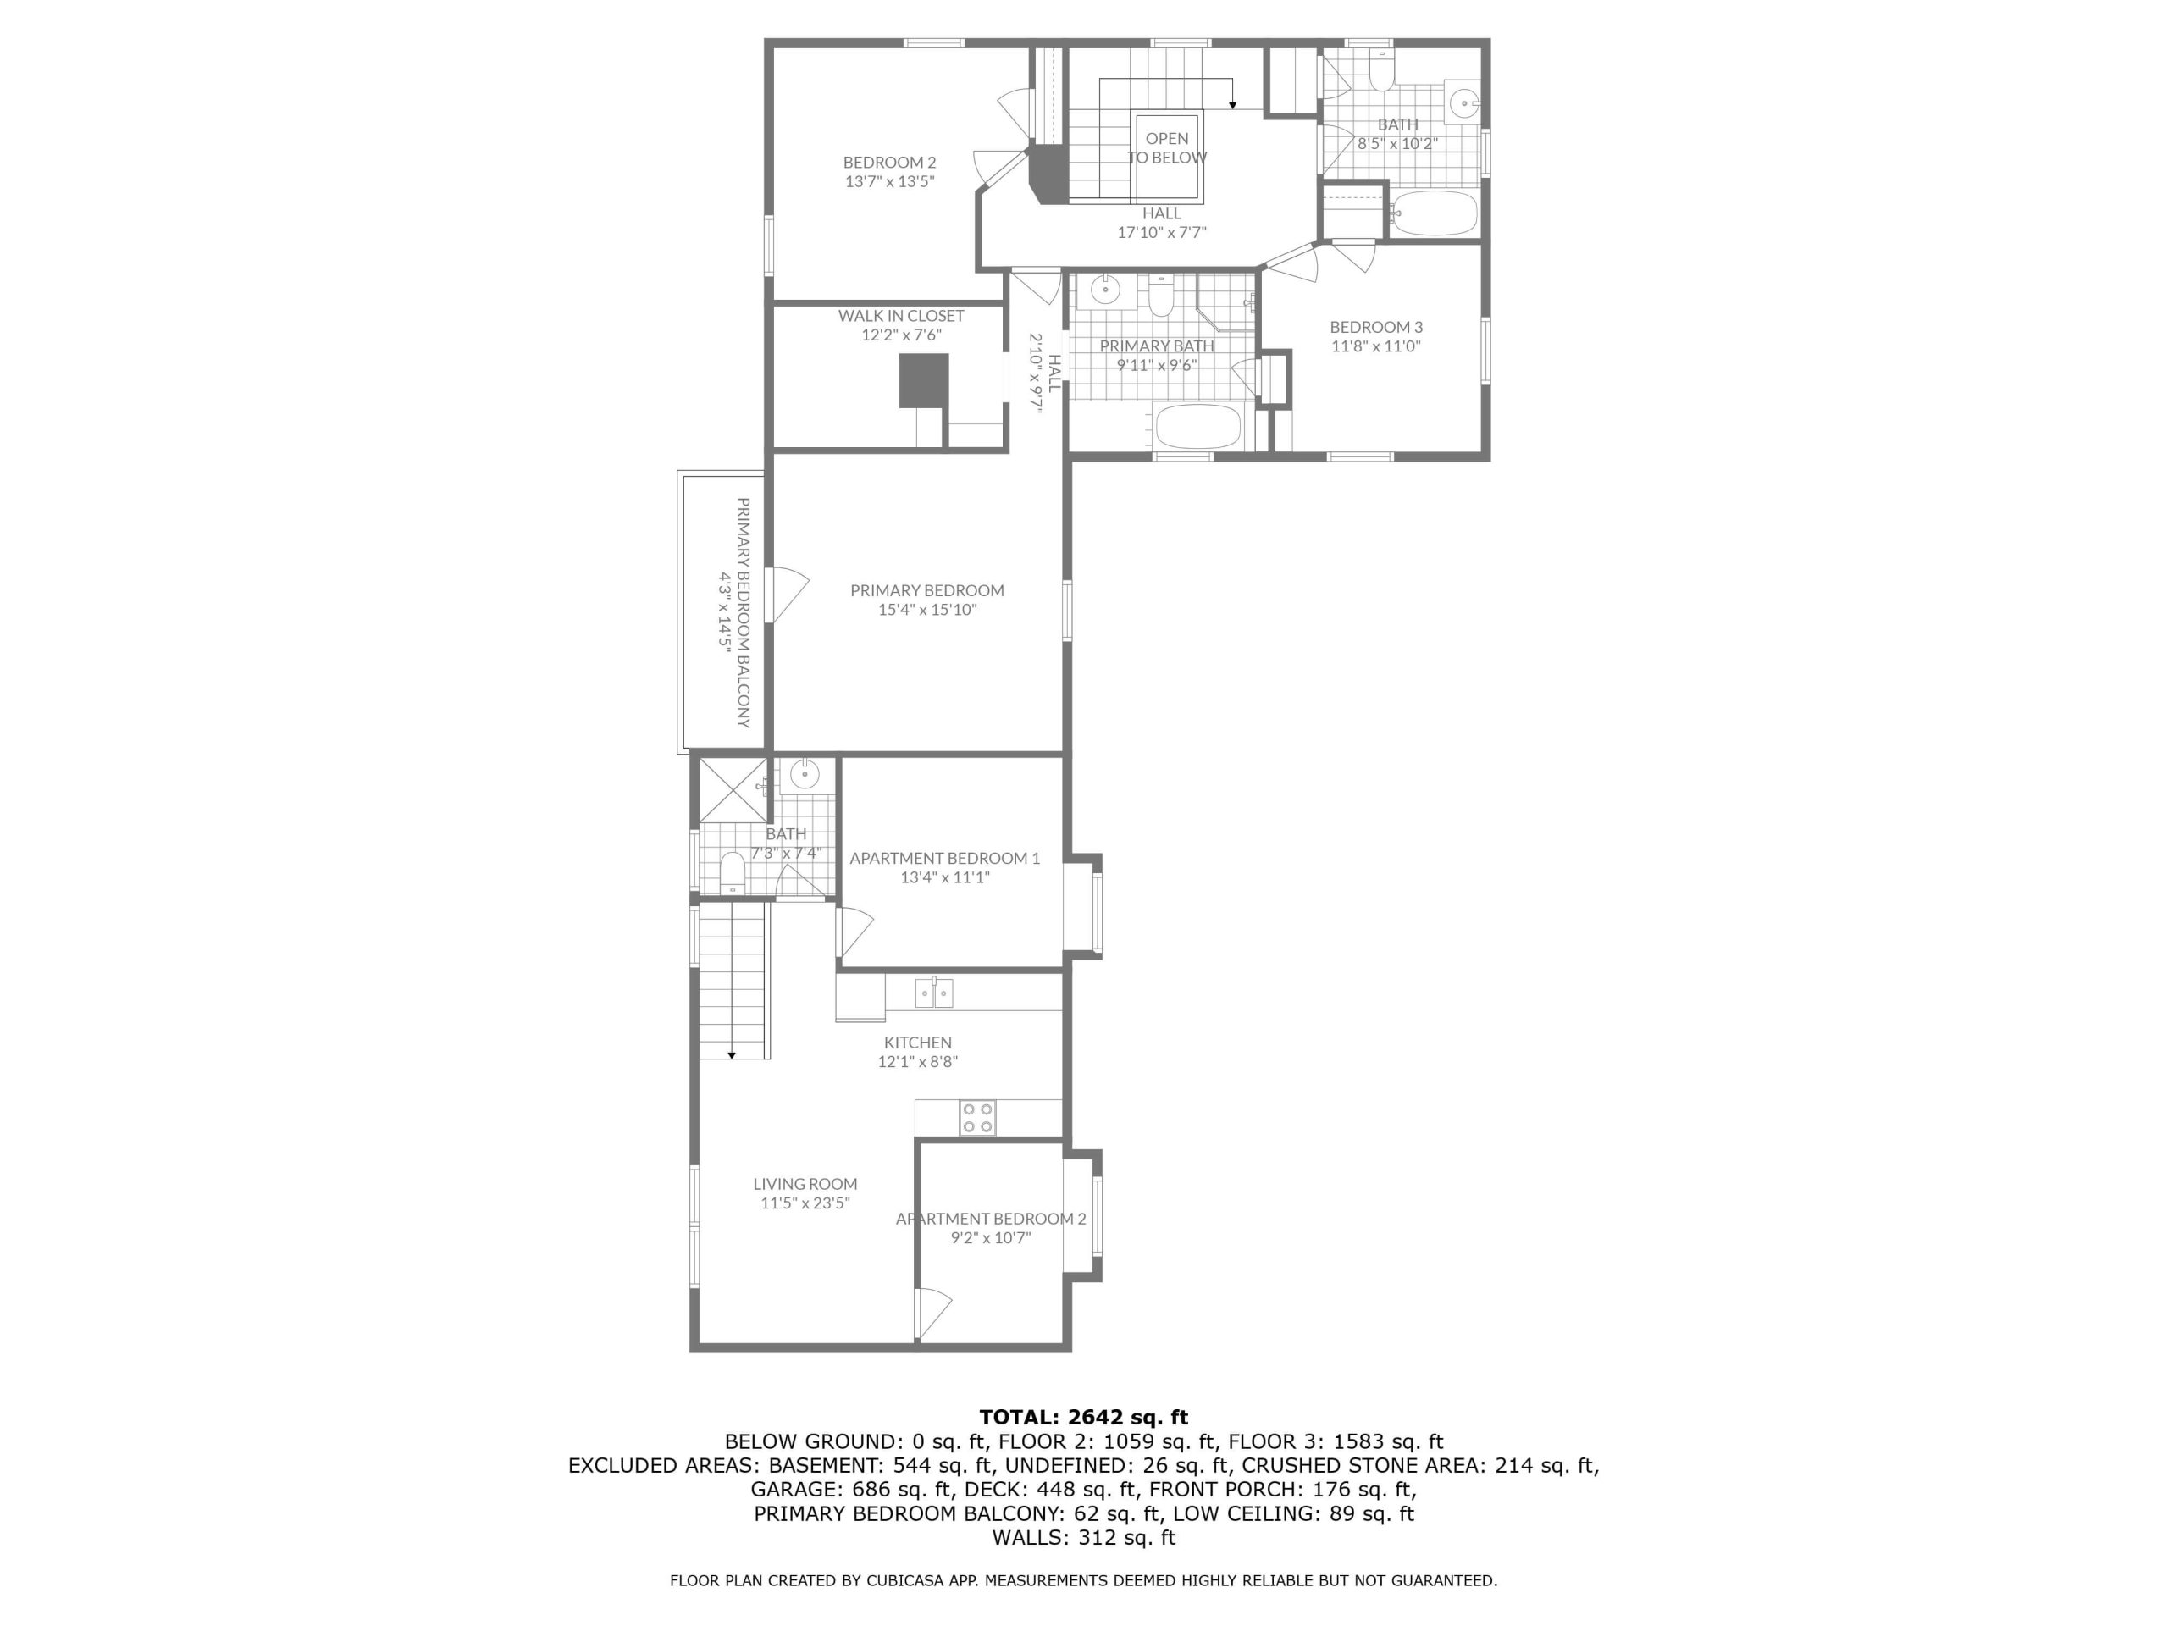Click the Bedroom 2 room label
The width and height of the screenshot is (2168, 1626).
coord(890,163)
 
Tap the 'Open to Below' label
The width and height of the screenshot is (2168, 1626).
coord(1166,148)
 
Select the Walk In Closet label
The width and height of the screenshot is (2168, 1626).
coord(901,316)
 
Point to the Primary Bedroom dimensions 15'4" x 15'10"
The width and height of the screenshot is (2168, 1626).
coord(927,610)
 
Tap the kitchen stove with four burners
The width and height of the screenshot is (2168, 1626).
coord(977,1119)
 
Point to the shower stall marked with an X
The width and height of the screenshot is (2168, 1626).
coord(733,790)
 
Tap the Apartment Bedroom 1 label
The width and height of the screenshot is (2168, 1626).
coord(945,859)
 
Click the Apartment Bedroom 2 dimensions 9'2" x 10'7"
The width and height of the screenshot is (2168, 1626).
coord(991,1238)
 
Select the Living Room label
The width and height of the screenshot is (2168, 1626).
coord(805,1184)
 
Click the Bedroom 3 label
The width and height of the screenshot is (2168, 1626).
coord(1376,328)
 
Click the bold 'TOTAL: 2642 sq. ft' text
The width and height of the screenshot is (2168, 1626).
coord(1083,1417)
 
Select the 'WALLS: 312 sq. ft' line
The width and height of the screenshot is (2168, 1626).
coord(1083,1537)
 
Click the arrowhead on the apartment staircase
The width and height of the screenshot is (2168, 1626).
coord(731,1054)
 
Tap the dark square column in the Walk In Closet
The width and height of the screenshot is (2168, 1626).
coord(924,380)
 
